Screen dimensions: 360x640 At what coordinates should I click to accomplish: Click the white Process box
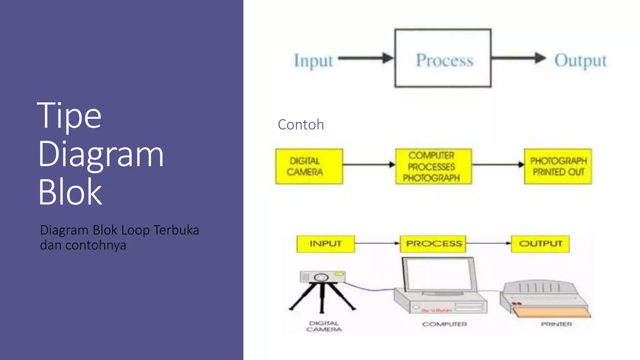(443, 58)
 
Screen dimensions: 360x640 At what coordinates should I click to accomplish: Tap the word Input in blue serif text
(313, 60)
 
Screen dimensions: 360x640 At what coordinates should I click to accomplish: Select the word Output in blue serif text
(580, 60)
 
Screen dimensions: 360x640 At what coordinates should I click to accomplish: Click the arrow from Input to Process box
(366, 58)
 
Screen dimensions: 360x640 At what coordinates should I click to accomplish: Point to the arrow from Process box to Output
(518, 58)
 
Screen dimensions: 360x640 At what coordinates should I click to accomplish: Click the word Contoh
(301, 125)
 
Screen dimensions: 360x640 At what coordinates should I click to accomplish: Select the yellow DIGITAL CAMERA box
(309, 166)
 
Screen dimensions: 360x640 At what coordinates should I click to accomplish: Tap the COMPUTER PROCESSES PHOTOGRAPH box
(433, 166)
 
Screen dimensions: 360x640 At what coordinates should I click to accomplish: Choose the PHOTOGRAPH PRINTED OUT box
(558, 166)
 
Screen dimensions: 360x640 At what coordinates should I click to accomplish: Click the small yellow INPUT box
(326, 244)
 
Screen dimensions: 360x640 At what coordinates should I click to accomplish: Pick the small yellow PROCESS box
(433, 244)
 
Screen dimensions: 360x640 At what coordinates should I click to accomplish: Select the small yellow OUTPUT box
(540, 244)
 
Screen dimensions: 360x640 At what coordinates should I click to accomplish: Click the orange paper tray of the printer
(552, 312)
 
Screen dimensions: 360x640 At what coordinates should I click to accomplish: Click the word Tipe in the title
(69, 116)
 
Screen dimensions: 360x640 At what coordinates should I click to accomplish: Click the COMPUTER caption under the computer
(444, 324)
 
